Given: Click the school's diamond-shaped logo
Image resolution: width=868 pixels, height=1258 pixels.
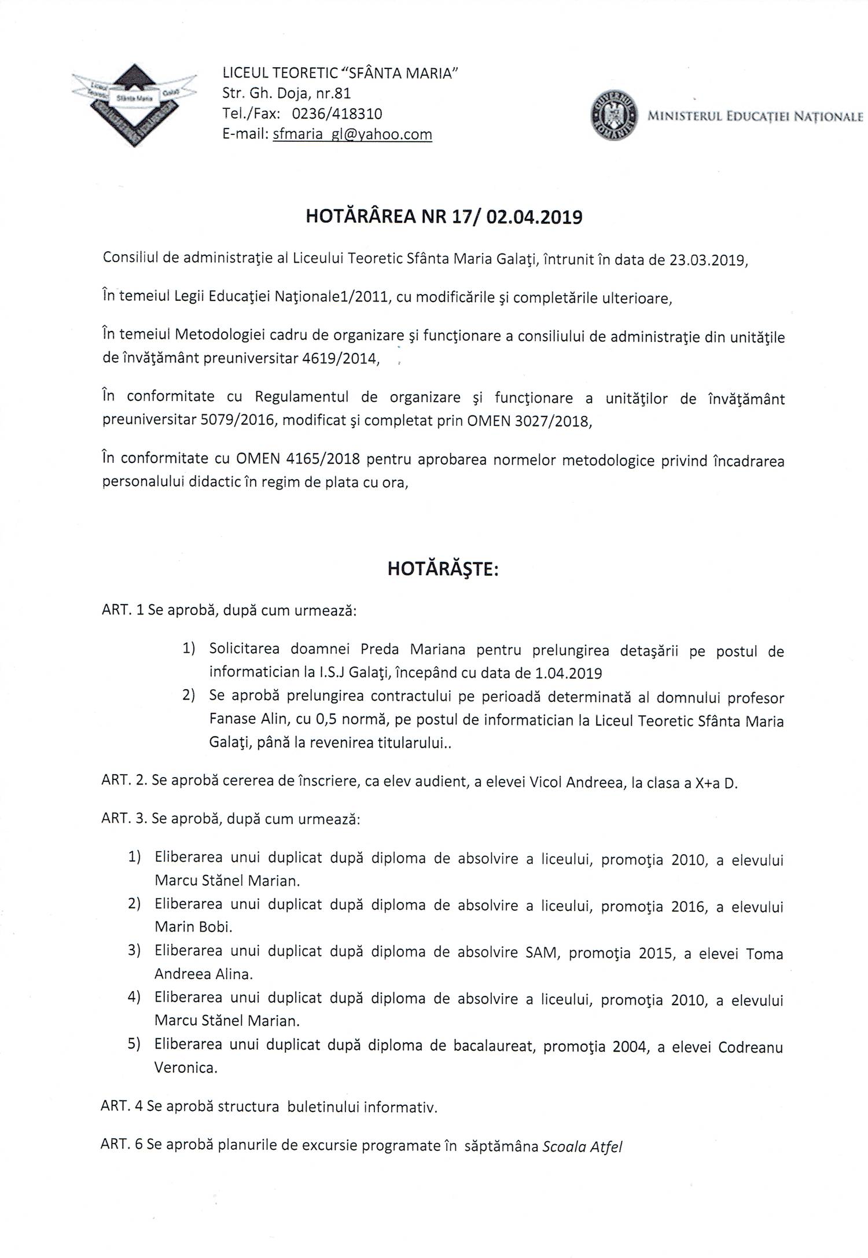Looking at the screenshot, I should tap(134, 104).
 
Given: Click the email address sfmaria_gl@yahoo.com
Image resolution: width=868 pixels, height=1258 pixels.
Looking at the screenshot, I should tap(352, 134).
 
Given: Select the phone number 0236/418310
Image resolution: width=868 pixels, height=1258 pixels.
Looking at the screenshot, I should tap(333, 113).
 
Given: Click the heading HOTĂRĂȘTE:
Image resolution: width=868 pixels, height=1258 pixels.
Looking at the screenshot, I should tap(443, 569).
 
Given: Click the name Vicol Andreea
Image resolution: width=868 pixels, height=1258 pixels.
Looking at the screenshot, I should tap(579, 783).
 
